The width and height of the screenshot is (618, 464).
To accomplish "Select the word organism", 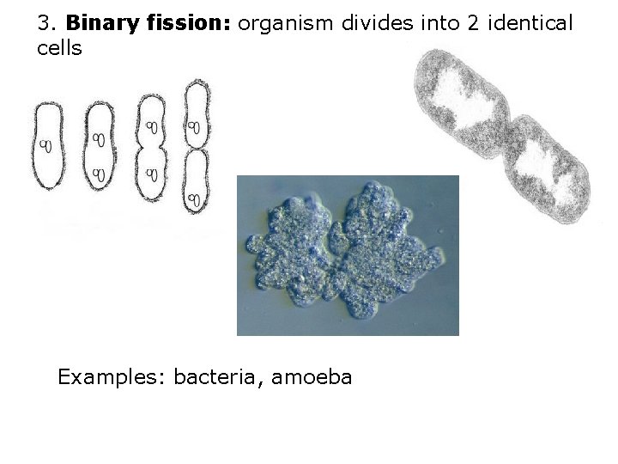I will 287,23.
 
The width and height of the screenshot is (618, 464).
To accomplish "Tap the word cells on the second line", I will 60,48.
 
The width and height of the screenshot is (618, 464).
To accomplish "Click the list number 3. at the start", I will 45,23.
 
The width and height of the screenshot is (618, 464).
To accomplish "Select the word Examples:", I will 112,376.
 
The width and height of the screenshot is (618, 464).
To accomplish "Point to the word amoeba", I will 312,376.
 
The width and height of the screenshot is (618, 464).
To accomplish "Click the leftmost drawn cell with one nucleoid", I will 48,146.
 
